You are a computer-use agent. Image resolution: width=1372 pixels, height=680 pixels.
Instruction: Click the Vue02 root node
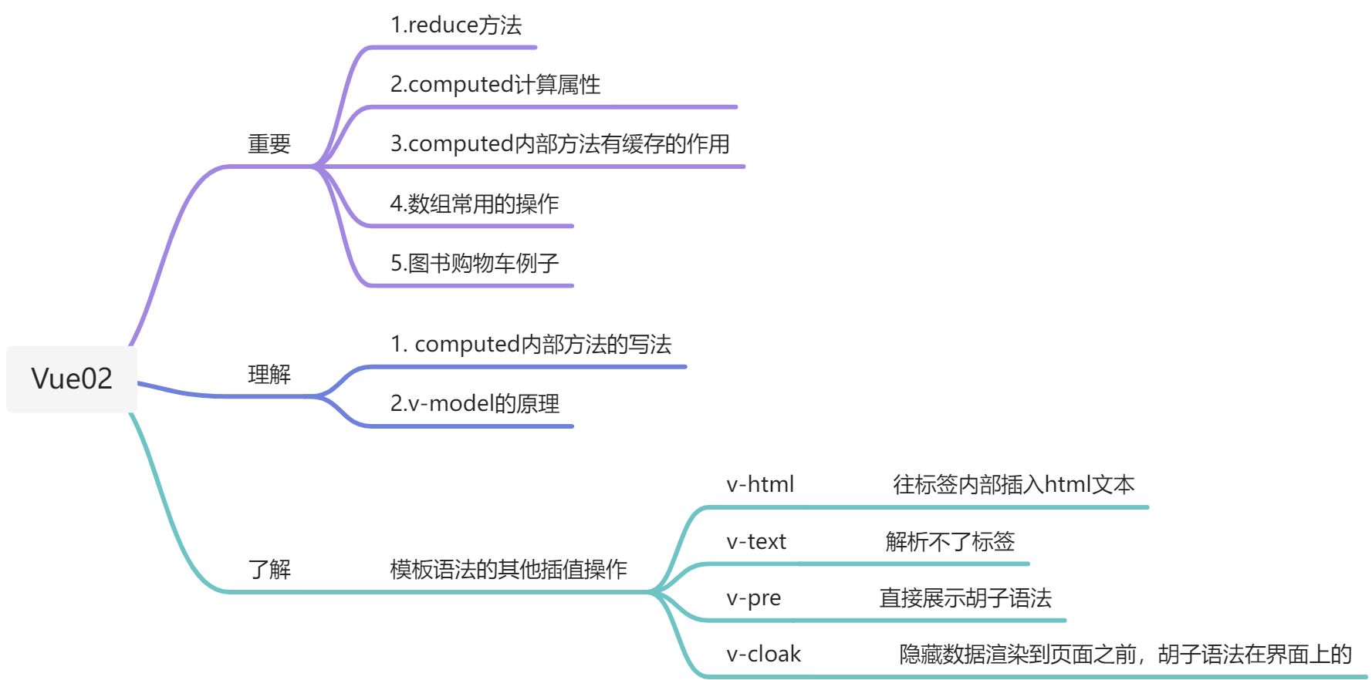pos(72,379)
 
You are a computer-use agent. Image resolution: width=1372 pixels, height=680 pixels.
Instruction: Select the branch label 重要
pos(269,144)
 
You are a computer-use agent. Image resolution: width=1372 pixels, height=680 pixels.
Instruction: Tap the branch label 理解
pos(269,375)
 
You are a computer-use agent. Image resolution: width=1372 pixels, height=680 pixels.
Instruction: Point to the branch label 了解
pos(269,570)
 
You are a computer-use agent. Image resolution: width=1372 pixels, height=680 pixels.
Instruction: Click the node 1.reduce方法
pos(456,25)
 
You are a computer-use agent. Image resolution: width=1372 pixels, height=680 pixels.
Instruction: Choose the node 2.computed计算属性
pos(495,84)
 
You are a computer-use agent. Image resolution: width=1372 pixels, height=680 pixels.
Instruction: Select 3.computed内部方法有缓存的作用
pos(559,144)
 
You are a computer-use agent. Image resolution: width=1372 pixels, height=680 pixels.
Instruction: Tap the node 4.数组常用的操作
pos(475,204)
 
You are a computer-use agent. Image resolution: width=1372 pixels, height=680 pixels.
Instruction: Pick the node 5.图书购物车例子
pos(475,264)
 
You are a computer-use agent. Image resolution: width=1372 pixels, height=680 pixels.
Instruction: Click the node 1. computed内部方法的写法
pos(531,345)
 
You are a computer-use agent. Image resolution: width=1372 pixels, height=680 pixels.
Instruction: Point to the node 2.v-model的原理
pos(475,404)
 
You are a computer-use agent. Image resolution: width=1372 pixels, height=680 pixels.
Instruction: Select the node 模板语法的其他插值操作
pos(509,570)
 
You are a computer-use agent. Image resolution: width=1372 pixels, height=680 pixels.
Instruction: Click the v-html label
pos(760,485)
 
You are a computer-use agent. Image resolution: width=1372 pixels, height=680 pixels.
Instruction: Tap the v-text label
pos(756,542)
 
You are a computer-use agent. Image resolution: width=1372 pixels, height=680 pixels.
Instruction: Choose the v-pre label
pos(754,598)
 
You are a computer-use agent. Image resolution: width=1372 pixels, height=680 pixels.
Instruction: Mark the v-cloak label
pos(764,655)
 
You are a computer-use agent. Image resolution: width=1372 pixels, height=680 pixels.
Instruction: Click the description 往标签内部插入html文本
pos(1014,485)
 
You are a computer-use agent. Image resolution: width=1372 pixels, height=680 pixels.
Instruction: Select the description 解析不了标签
pos(950,542)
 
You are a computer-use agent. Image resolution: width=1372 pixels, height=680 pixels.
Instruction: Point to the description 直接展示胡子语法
pos(965,598)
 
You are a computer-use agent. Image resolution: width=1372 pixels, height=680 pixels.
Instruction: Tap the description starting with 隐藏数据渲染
pos(1125,655)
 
